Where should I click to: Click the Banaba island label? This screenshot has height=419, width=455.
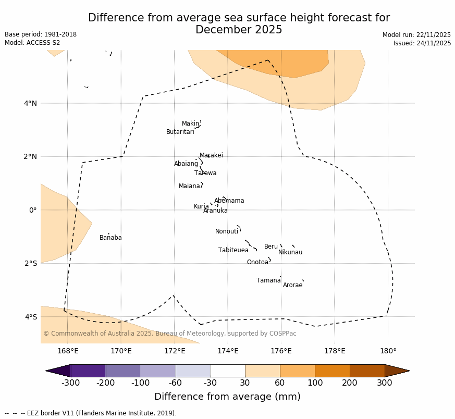pyautogui.click(x=110, y=238)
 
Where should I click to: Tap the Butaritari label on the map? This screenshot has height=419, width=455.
pyautogui.click(x=180, y=132)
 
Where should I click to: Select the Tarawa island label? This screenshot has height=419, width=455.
pyautogui.click(x=205, y=173)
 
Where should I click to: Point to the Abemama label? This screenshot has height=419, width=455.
pyautogui.click(x=229, y=201)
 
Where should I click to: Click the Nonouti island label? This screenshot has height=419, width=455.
pyautogui.click(x=226, y=231)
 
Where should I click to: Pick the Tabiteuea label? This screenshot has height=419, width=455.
pyautogui.click(x=233, y=250)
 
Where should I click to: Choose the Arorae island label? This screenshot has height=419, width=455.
pyautogui.click(x=292, y=285)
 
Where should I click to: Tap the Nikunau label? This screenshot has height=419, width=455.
pyautogui.click(x=290, y=252)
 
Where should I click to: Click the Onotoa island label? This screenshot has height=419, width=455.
pyautogui.click(x=257, y=262)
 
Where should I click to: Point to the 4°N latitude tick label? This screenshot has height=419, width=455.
pyautogui.click(x=31, y=103)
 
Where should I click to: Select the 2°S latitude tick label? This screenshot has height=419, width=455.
pyautogui.click(x=31, y=263)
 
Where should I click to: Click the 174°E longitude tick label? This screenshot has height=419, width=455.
pyautogui.click(x=228, y=351)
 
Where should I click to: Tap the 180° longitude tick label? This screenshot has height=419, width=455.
pyautogui.click(x=388, y=351)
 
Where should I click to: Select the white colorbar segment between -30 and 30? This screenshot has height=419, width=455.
pyautogui.click(x=228, y=371)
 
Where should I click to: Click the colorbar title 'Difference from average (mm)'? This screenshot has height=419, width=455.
pyautogui.click(x=227, y=397)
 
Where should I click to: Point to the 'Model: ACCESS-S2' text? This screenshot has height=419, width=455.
pyautogui.click(x=32, y=43)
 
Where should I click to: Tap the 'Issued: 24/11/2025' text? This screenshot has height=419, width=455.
pyautogui.click(x=422, y=43)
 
